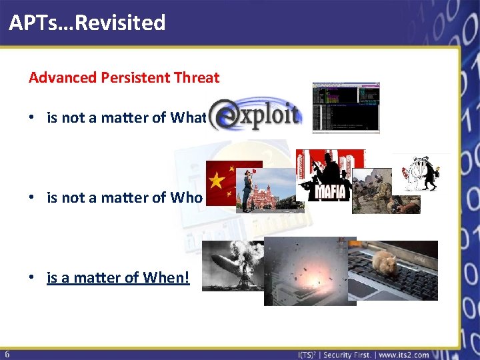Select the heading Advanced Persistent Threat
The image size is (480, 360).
pos(124,77)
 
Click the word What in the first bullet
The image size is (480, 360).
pos(187,118)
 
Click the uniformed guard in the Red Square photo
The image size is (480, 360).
pos(247,189)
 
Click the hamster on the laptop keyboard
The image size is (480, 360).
pos(386,264)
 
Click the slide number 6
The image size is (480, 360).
pos(6,353)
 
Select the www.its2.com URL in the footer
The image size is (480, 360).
pos(403,355)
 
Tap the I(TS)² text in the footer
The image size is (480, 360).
pos(309,355)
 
